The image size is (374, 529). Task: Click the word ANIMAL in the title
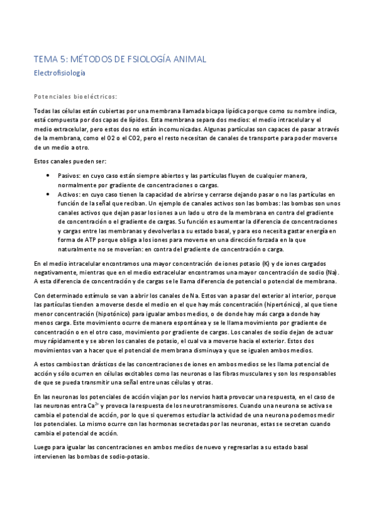pyautogui.click(x=187, y=59)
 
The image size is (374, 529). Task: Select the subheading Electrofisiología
pyautogui.click(x=59, y=73)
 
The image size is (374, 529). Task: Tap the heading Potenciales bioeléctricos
pyautogui.click(x=75, y=97)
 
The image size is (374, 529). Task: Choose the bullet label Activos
pyautogui.click(x=69, y=195)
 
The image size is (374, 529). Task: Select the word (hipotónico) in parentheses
pyautogui.click(x=106, y=314)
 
